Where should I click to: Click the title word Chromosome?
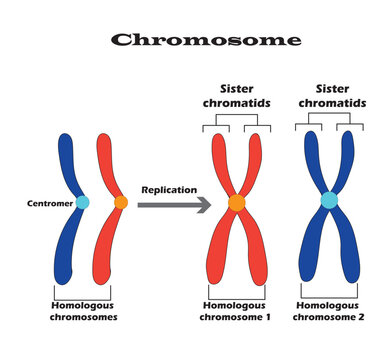coord(205,40)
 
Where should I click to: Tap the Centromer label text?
coord(49,203)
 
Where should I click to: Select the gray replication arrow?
coord(171,204)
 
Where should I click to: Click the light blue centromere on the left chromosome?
coord(82,202)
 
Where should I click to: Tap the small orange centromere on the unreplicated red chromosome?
coord(121,203)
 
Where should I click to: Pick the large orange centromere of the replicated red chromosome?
coord(237,203)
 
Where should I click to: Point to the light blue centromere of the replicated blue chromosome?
coord(328,201)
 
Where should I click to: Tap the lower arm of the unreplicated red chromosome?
coord(105,250)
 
